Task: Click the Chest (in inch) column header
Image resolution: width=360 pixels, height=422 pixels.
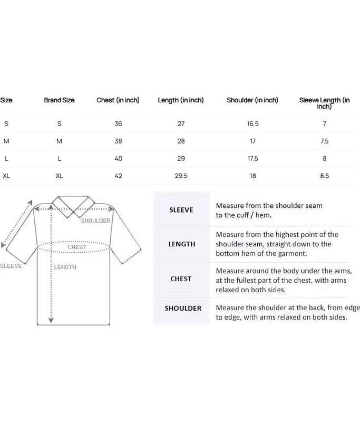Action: [118, 100]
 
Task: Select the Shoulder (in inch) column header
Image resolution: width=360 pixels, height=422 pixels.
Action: [252, 100]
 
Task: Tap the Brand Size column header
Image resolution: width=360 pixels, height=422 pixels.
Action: [59, 100]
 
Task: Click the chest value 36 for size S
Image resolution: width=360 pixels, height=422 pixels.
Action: [118, 124]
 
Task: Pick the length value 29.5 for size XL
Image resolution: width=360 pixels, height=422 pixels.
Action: [181, 176]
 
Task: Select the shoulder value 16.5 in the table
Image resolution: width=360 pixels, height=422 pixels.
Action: [252, 124]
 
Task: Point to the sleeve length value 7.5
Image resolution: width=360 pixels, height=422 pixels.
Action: [324, 141]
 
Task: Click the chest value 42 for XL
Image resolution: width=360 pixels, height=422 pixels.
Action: [118, 176]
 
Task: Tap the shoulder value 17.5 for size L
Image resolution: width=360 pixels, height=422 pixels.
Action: [252, 159]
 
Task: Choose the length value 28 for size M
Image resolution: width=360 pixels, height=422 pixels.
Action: [181, 141]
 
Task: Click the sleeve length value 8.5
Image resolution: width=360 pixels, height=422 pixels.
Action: [324, 176]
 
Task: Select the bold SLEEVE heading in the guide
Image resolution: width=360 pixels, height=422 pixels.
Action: [181, 210]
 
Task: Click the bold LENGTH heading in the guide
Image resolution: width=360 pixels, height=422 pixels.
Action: [181, 244]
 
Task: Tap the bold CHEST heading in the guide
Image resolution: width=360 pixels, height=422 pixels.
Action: [181, 279]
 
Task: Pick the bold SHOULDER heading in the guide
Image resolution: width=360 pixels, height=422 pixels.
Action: [183, 308]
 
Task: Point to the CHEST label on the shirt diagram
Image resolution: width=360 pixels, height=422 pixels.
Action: [77, 247]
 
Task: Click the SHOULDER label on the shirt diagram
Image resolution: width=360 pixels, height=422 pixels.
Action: [95, 221]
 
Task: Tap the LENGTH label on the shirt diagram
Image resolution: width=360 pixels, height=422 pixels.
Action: [65, 267]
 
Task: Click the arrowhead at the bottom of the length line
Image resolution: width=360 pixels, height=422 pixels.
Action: [51, 320]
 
